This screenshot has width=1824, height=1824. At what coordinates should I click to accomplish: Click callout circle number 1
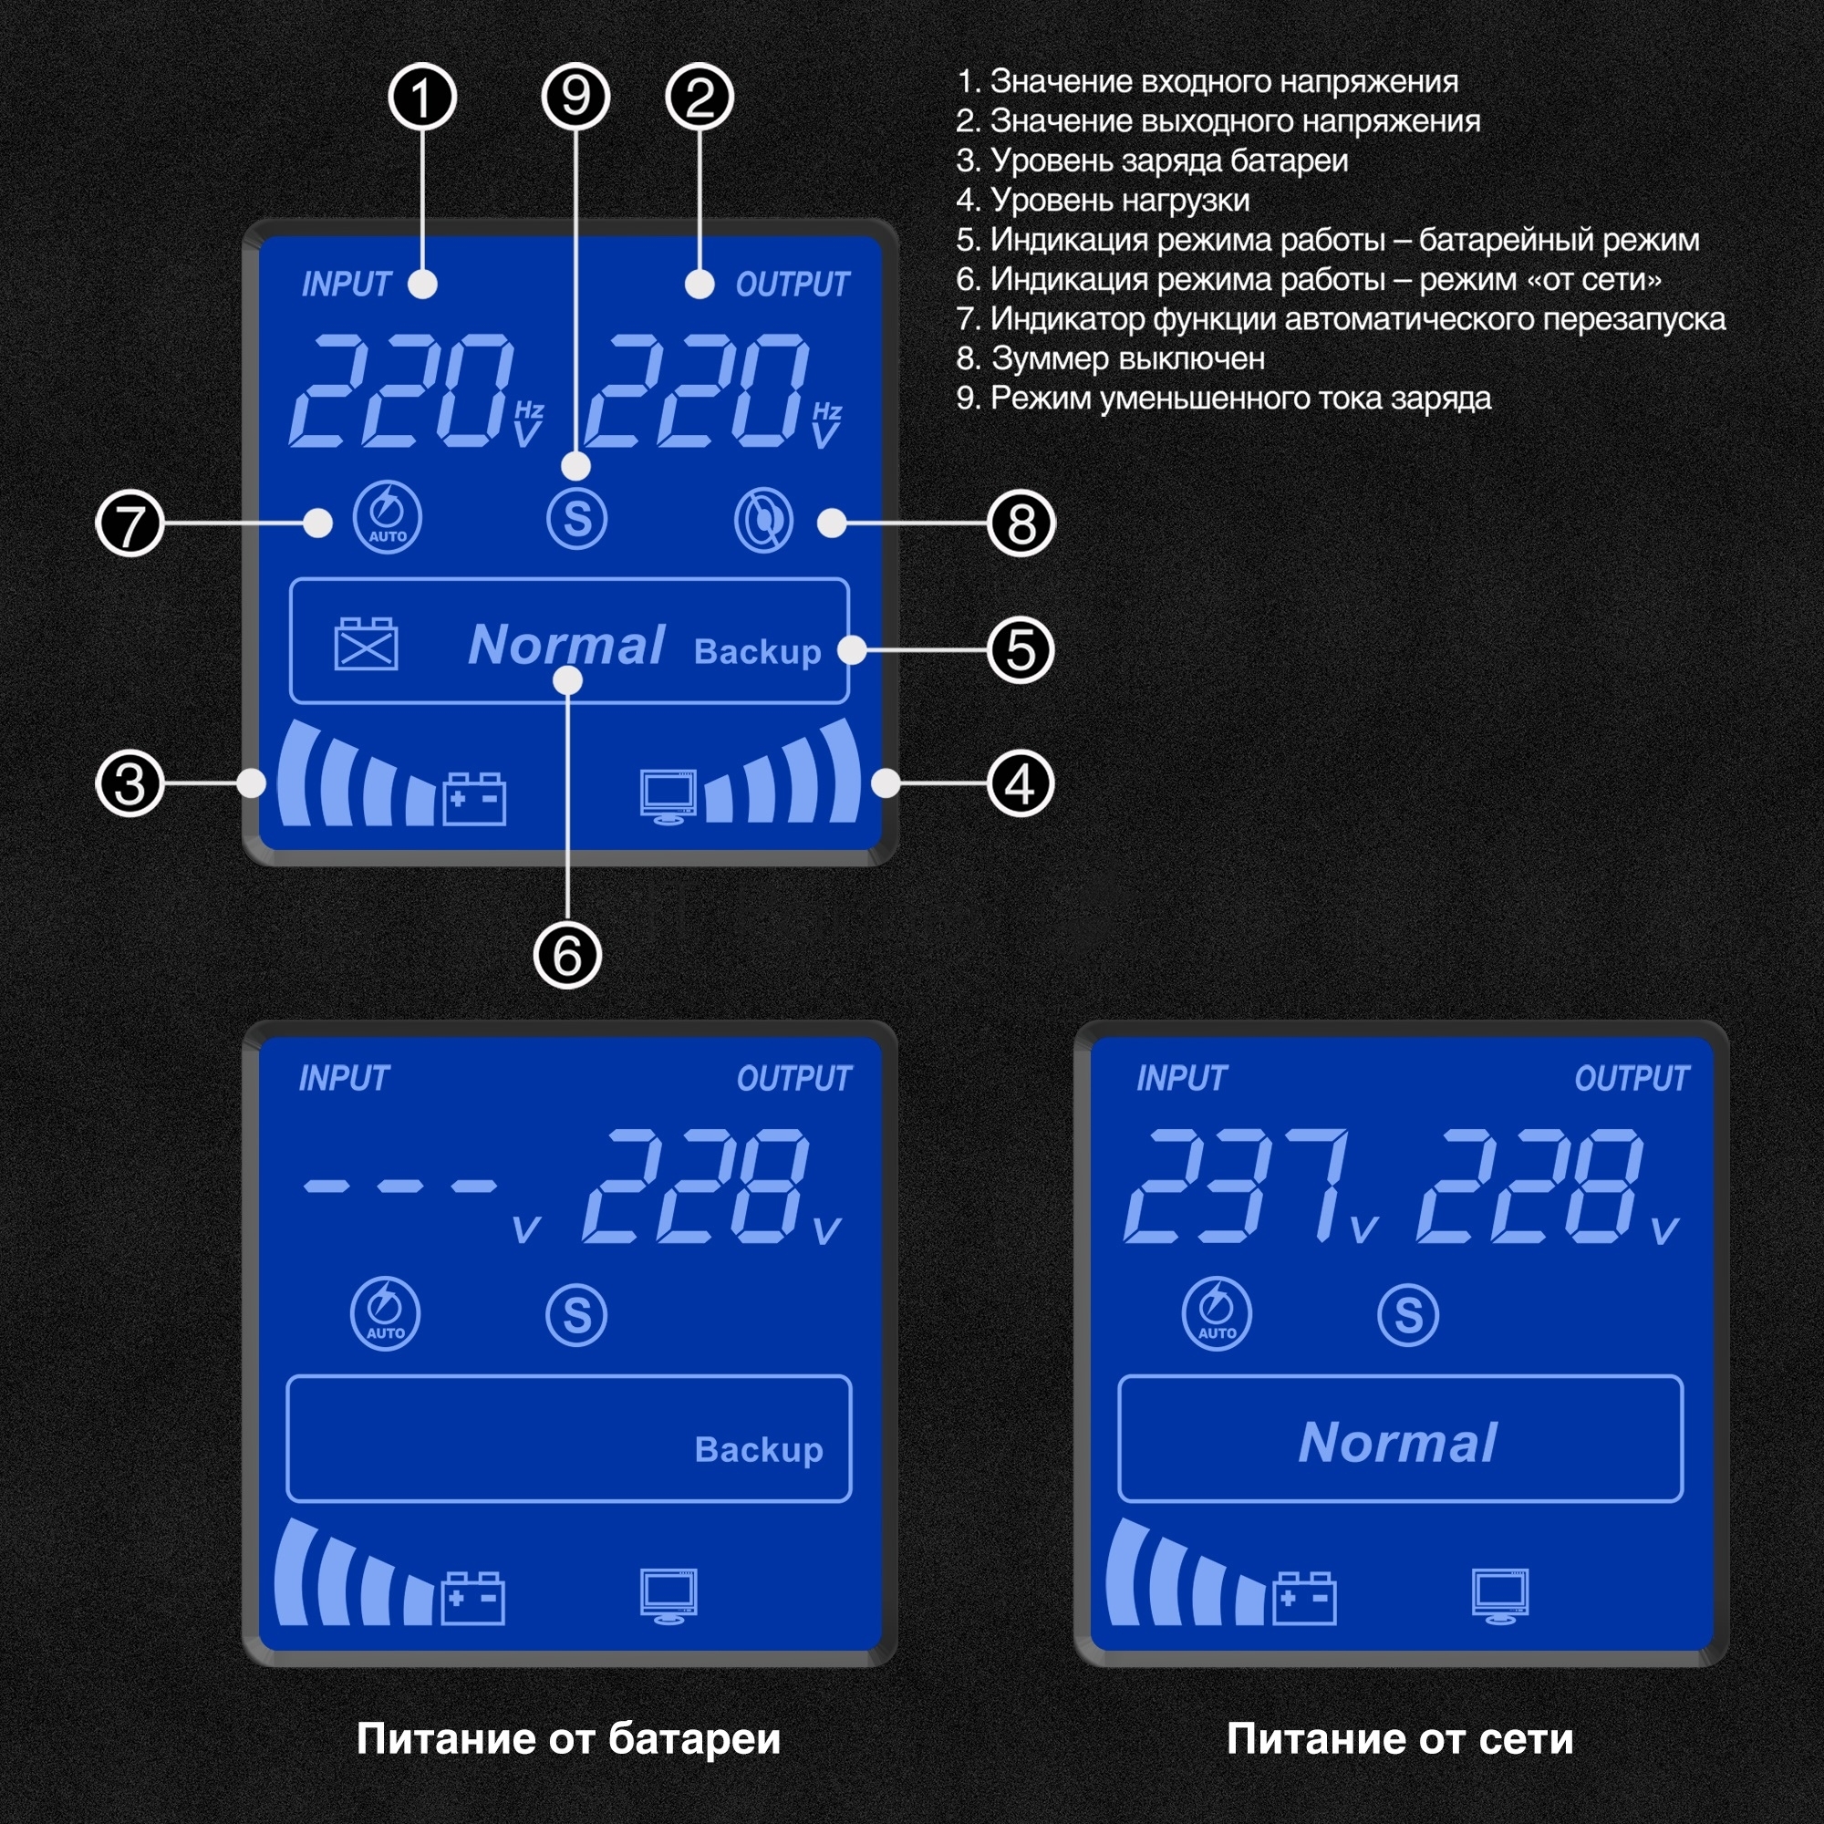coord(422,98)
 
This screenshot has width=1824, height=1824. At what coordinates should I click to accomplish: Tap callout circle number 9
coord(575,98)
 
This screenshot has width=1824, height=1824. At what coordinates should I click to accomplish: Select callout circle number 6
coord(567,955)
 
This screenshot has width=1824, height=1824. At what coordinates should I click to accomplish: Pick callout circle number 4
coord(1020,783)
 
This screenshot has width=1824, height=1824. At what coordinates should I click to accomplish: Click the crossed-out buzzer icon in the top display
coord(763,520)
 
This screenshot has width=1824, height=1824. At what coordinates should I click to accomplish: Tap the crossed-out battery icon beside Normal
coord(367,644)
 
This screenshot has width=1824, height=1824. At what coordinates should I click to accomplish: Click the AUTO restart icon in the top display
coord(387,516)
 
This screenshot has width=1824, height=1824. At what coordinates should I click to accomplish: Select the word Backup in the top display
coord(757,652)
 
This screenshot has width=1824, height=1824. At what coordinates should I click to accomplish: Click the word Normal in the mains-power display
coord(1398,1444)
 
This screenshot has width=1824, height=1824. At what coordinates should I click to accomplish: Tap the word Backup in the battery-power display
coord(759,1450)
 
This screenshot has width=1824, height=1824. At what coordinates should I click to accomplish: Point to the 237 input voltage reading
coord(1237,1186)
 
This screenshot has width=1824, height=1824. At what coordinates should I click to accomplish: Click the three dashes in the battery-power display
coord(399,1186)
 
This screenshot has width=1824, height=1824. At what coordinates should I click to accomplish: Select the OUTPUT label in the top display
coord(793,285)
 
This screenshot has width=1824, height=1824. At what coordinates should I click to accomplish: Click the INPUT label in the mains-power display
coord(1181,1078)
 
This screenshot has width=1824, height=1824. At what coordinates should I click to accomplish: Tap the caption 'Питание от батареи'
coord(568,1739)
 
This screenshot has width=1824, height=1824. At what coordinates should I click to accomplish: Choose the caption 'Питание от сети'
coord(1399,1739)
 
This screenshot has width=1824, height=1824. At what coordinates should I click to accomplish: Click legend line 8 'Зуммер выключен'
coord(1110,358)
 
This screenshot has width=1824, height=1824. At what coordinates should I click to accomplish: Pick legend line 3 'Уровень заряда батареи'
coord(1152,161)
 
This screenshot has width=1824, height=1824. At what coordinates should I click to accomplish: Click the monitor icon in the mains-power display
coord(1499,1595)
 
